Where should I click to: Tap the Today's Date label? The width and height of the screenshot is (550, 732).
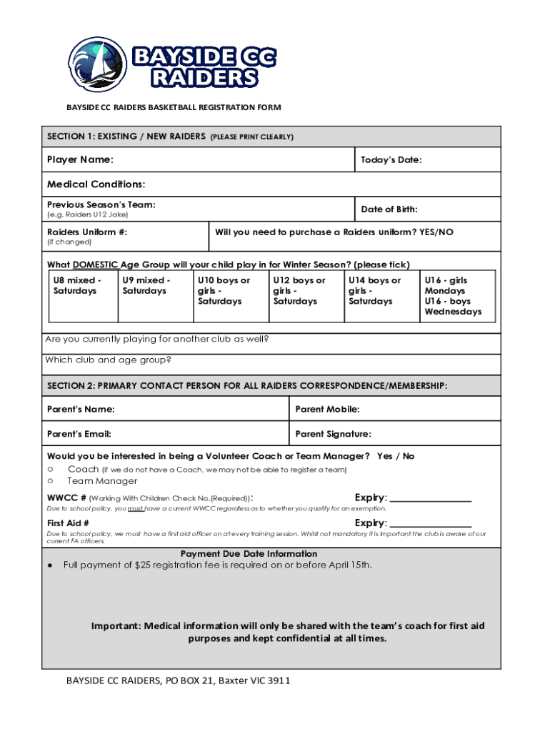(391, 160)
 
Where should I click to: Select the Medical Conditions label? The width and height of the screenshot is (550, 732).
(96, 184)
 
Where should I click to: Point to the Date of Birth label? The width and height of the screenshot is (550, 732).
(389, 209)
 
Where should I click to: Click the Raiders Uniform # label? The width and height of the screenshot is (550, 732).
(87, 232)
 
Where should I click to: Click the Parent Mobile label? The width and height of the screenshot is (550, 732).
(327, 410)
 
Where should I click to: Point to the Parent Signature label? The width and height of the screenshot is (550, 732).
(333, 434)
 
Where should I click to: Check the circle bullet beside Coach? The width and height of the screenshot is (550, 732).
(51, 470)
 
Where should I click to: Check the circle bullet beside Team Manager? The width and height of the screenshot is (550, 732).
(51, 481)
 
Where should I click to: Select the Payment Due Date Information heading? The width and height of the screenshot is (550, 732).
(249, 554)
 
